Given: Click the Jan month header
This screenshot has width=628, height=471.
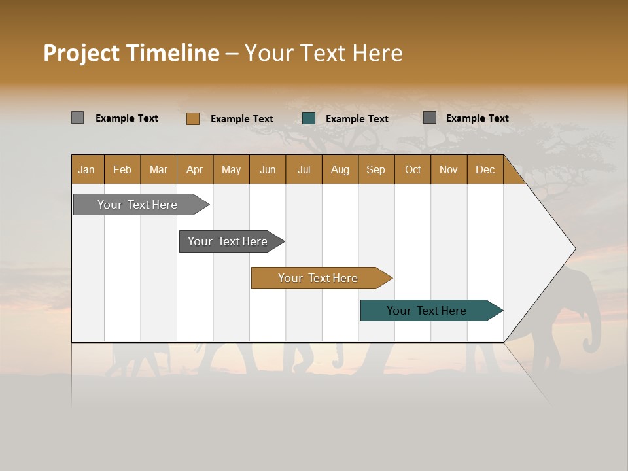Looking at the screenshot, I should pos(86,169).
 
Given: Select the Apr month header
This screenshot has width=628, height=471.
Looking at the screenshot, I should pos(194,169).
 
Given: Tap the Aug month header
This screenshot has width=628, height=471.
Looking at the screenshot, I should pos(340,169).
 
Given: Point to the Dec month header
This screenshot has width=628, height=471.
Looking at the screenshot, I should pos(485,169).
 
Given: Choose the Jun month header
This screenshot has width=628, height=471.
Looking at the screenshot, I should pos(267,169).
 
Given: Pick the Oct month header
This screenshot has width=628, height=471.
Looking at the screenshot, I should pos(412,169).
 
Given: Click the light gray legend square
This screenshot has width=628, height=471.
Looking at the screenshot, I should pos(77,118).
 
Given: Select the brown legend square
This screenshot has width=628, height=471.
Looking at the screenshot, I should pos(192,118).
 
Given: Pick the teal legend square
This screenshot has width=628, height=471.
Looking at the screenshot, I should pos(309,118).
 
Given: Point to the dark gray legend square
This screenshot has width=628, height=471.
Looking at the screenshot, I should pos(429,118).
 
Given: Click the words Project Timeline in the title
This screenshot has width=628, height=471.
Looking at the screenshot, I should pos(131,53).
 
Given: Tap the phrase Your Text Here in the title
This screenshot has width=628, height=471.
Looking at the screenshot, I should pos(323,53).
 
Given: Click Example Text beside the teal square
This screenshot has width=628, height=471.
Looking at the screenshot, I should pos(357,119).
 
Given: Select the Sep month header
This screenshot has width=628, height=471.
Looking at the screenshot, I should pos(375,169).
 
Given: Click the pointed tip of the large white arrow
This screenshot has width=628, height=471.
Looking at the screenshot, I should pos(574,249).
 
